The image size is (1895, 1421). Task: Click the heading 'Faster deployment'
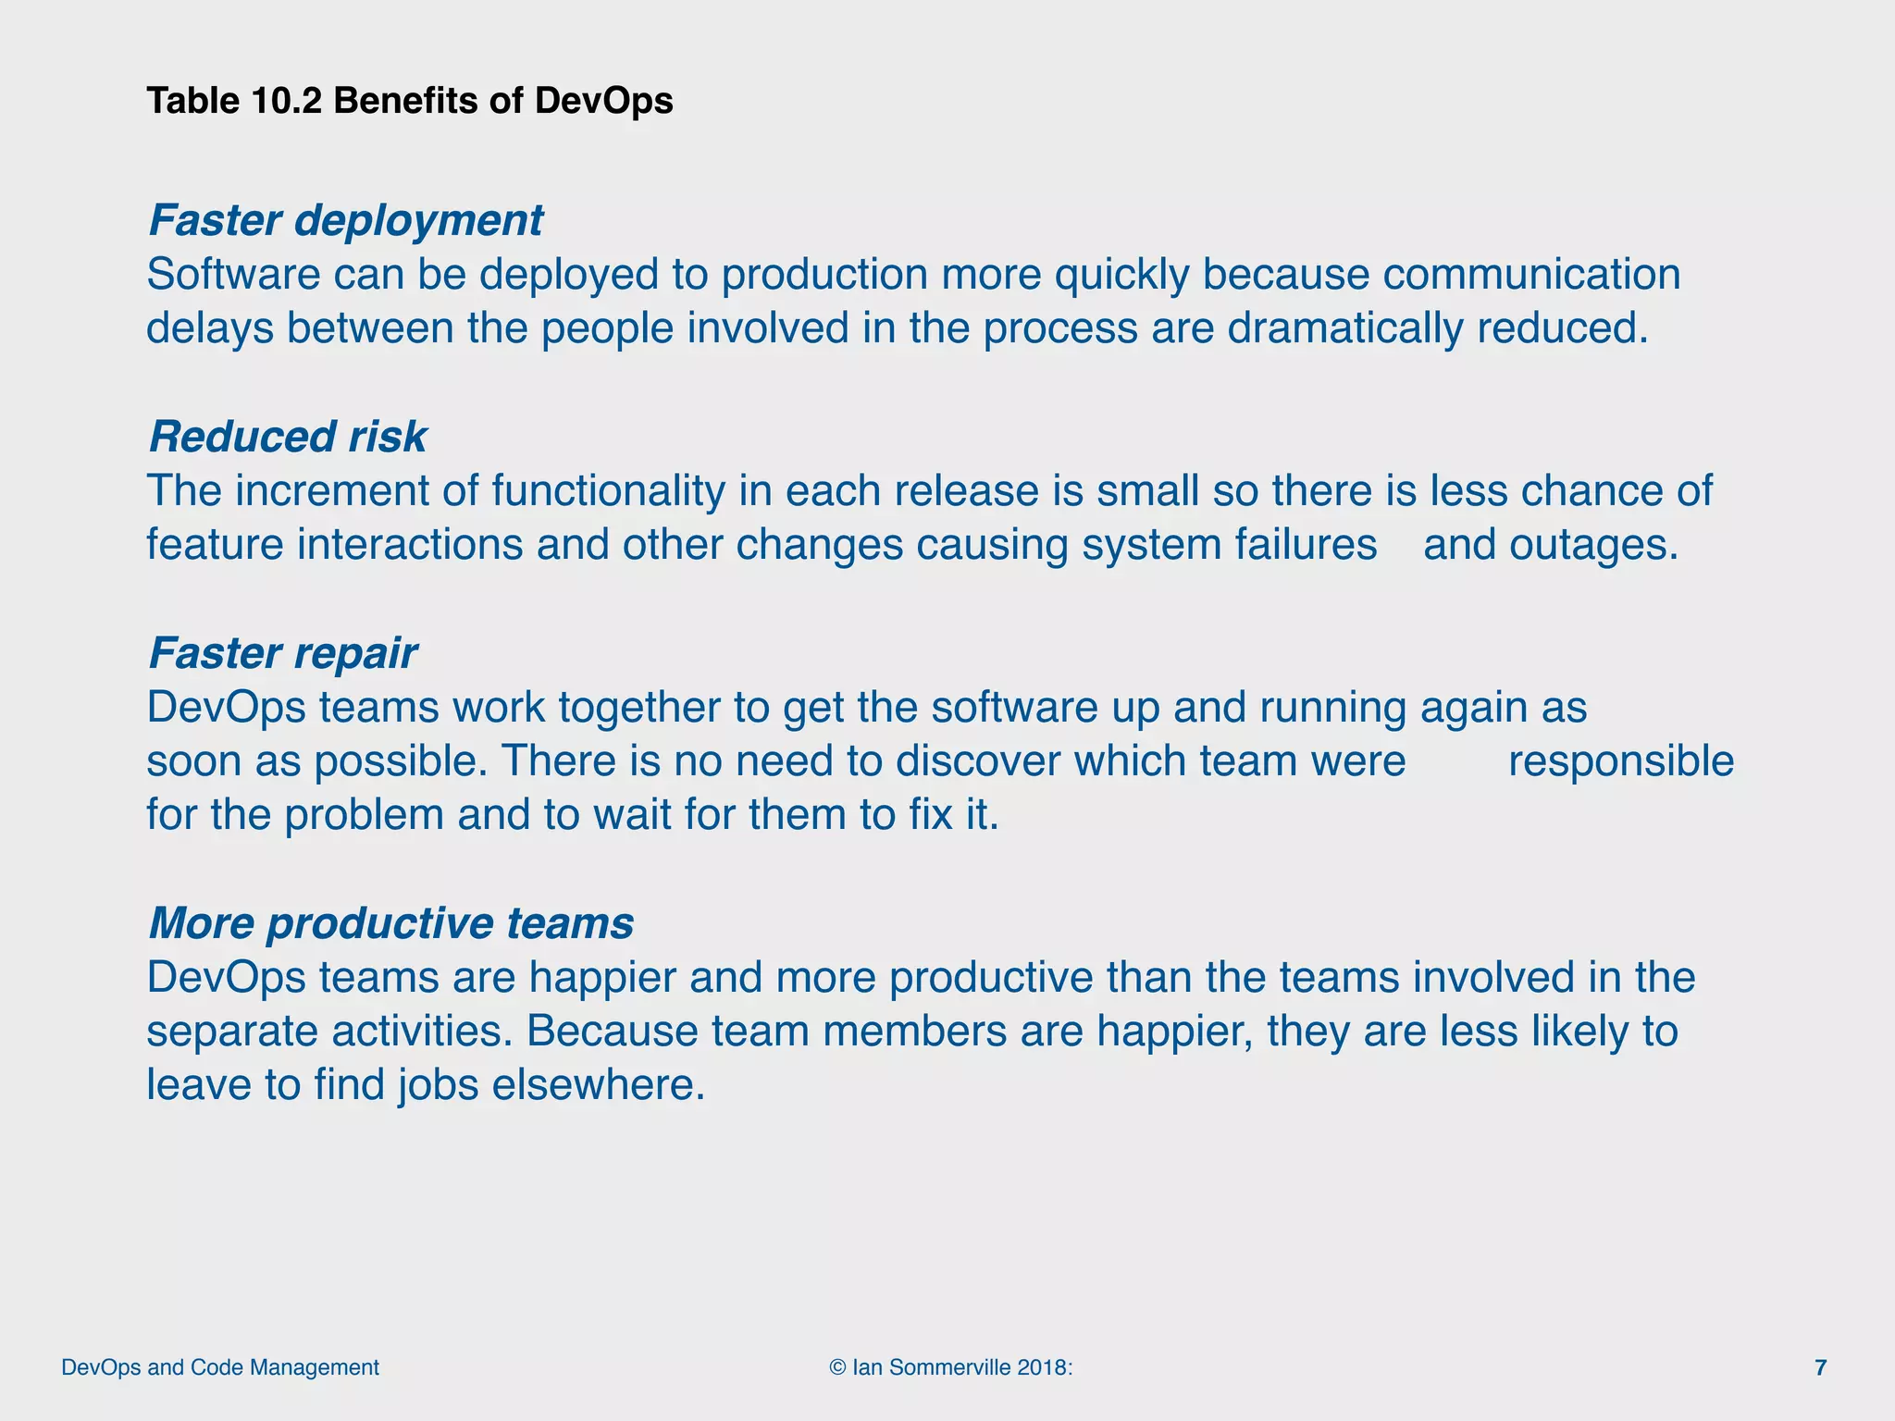click(x=345, y=221)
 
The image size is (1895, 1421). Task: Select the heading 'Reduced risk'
click(x=287, y=438)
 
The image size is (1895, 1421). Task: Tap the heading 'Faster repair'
click(x=282, y=654)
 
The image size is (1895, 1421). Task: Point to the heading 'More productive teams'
click(x=390, y=923)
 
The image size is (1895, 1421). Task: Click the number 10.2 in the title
click(x=287, y=101)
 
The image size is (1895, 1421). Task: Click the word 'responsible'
click(x=1620, y=761)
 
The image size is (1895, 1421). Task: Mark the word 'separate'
click(x=232, y=1032)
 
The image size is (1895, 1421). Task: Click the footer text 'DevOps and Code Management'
click(x=220, y=1367)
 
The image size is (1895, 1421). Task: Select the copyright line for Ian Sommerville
click(x=951, y=1367)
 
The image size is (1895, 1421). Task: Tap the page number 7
click(x=1820, y=1367)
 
